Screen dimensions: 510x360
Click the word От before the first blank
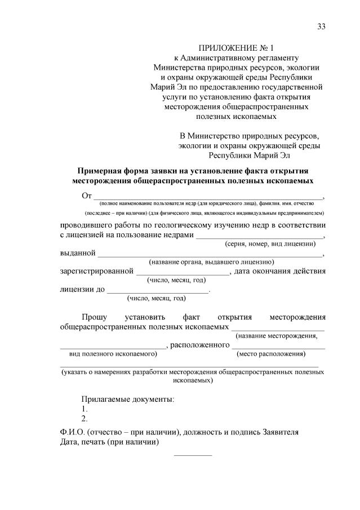tap(87, 196)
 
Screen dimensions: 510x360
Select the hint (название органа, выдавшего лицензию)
tap(211, 261)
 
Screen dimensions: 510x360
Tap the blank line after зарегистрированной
tap(183, 273)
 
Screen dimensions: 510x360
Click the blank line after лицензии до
tap(158, 291)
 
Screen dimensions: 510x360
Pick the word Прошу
tap(94, 317)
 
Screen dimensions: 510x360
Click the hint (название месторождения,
tap(276, 336)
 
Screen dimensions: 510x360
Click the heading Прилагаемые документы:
tap(128, 399)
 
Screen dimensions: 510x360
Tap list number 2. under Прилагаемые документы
tap(85, 418)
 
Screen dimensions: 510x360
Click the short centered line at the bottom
tap(193, 454)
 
